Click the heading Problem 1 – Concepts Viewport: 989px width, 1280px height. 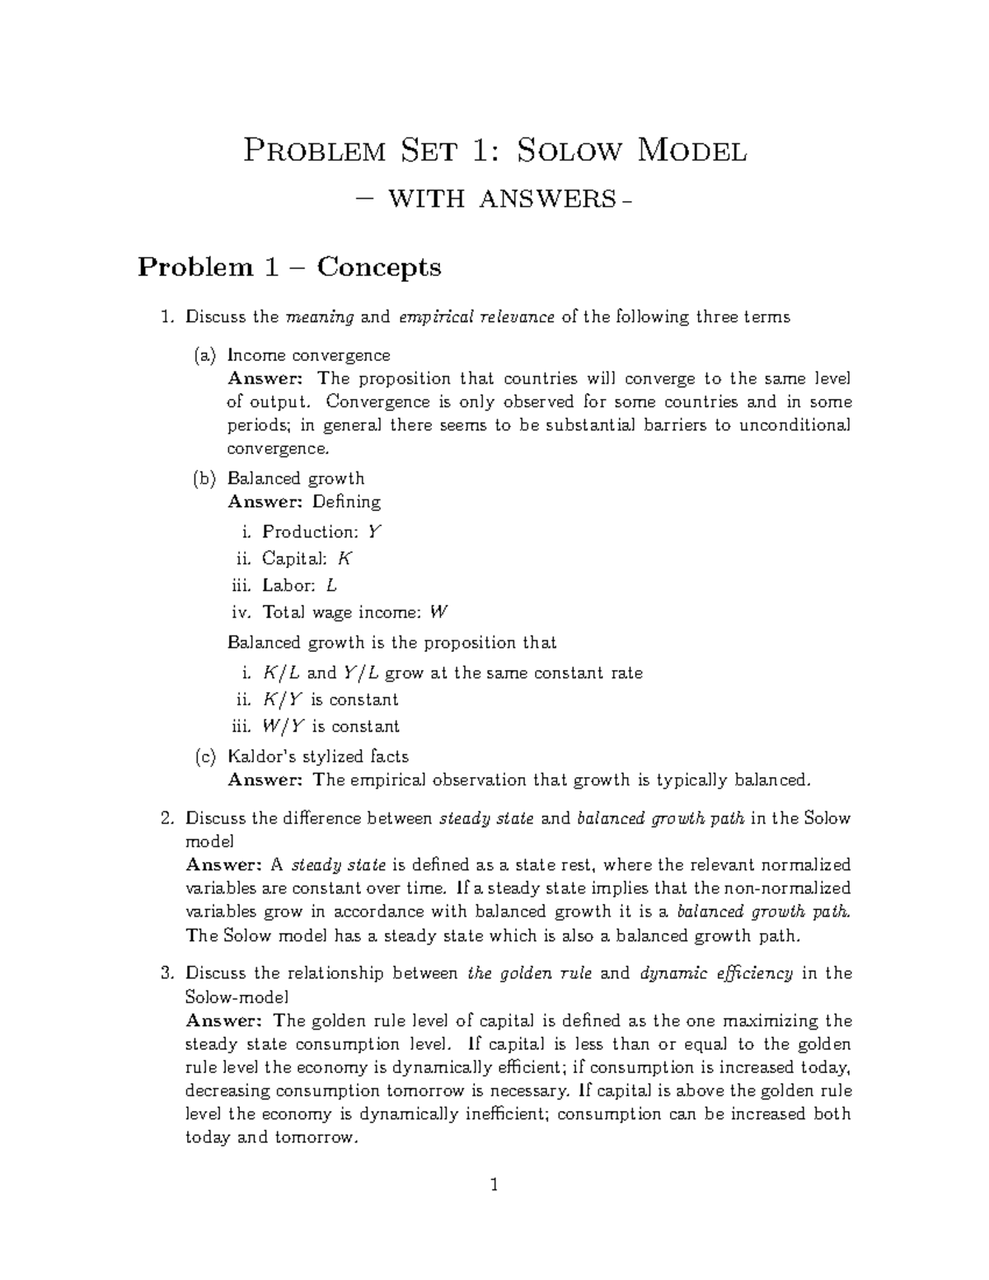click(289, 267)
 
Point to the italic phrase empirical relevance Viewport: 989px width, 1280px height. click(476, 317)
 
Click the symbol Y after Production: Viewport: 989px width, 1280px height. click(374, 532)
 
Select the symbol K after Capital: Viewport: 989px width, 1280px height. click(345, 559)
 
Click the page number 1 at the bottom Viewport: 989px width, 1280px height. click(494, 1186)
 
